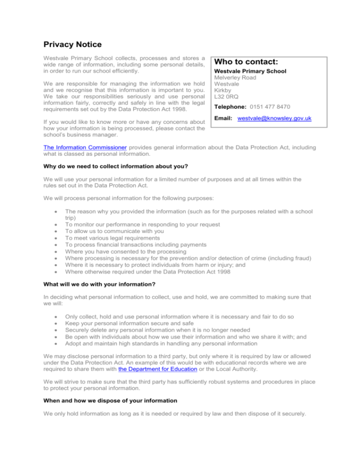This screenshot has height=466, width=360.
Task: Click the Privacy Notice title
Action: (73, 45)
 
